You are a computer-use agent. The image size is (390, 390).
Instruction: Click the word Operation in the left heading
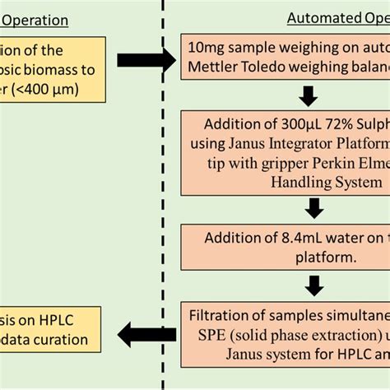(x=36, y=21)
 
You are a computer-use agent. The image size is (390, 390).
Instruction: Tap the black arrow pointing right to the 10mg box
(x=146, y=60)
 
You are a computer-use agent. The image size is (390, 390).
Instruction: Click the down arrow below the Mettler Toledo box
(x=308, y=95)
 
